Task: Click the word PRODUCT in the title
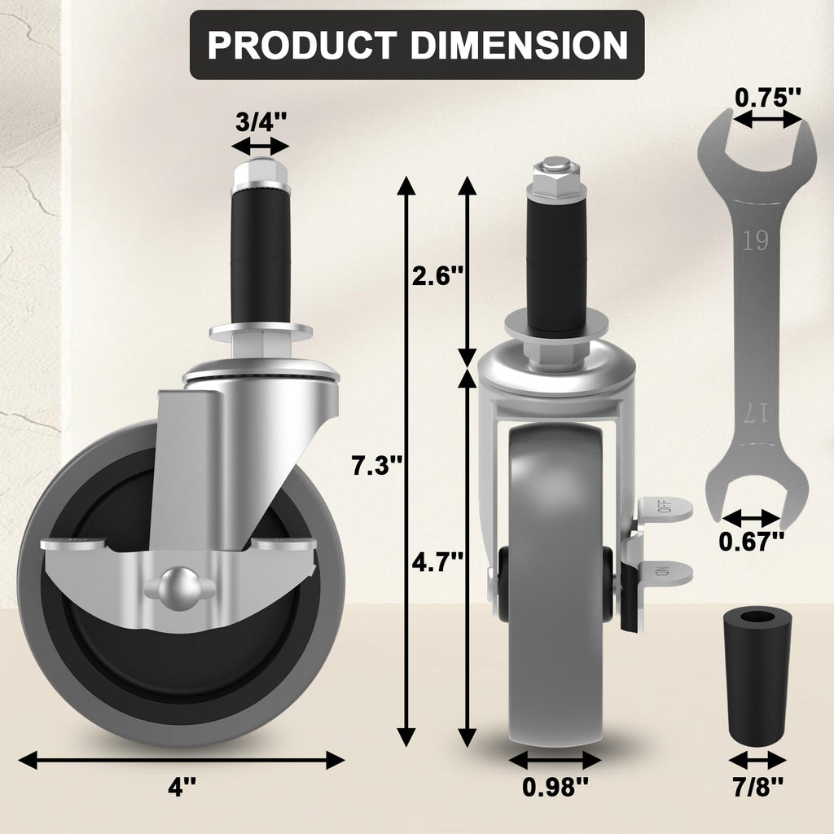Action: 301,45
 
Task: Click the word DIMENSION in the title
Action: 518,45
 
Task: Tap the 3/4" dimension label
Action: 260,123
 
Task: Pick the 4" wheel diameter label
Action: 182,788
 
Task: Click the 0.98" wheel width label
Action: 555,788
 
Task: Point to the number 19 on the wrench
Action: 755,241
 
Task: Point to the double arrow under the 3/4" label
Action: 260,147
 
